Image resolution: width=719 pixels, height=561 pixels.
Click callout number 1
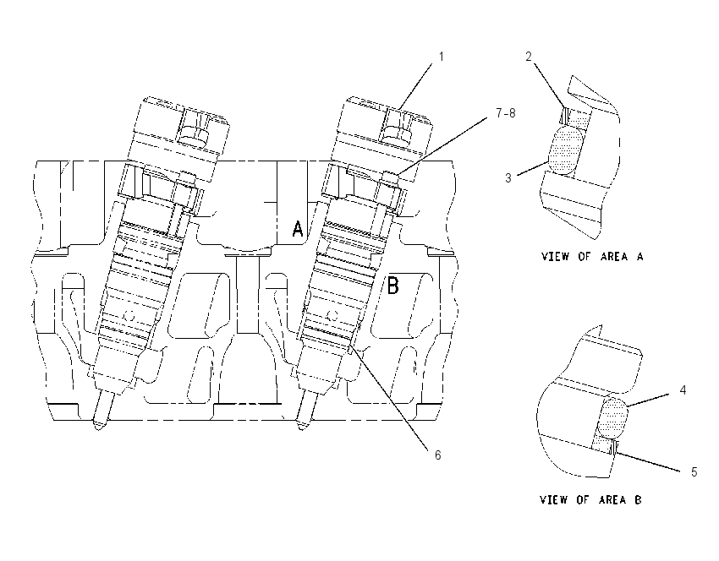(x=441, y=57)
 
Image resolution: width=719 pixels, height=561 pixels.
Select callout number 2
(x=529, y=57)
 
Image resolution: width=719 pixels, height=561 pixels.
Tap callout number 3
(x=508, y=177)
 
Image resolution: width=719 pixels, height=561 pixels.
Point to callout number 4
(x=683, y=390)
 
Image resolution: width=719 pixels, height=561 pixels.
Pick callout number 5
(x=694, y=471)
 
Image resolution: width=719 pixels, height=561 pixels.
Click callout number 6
(x=438, y=455)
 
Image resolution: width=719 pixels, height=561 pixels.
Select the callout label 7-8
(x=506, y=112)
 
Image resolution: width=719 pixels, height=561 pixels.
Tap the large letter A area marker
(x=298, y=228)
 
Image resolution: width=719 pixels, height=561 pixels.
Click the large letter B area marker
(x=393, y=285)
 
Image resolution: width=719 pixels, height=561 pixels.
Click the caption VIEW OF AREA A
(x=592, y=257)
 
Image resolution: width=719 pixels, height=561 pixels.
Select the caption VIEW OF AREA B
(x=590, y=499)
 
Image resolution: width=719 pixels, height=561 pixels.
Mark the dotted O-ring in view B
(x=612, y=417)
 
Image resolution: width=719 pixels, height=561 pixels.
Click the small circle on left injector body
(x=129, y=316)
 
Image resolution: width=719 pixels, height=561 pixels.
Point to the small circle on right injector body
(x=333, y=315)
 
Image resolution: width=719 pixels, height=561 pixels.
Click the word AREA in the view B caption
(x=612, y=499)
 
